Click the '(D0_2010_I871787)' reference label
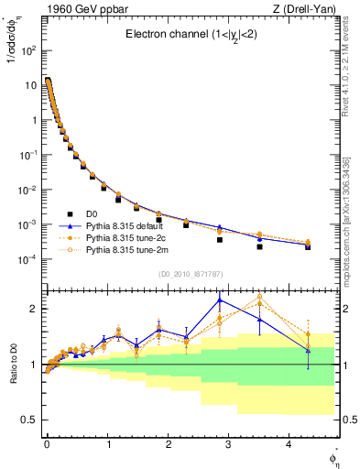pos(190,274)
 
